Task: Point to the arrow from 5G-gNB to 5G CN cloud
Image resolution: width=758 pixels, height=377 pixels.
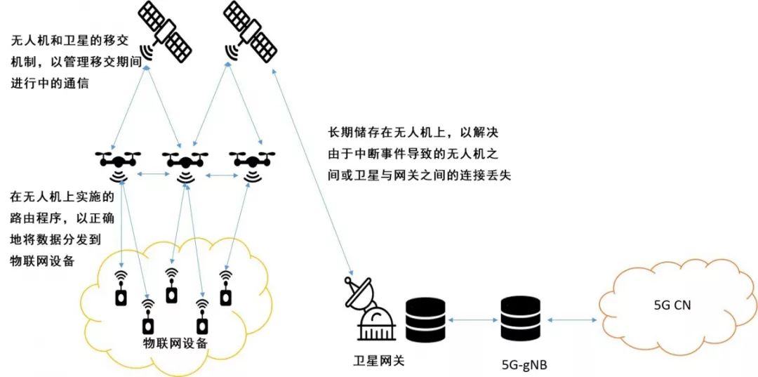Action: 570,320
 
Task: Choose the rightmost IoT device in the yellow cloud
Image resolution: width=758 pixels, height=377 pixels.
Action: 225,290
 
